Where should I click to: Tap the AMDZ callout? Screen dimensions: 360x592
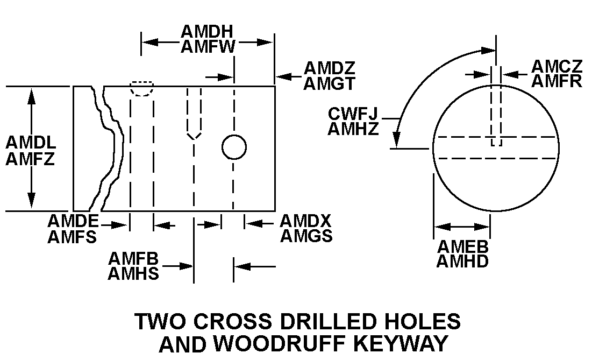330,68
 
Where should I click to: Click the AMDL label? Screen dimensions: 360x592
31,143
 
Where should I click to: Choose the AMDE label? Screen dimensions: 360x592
73,221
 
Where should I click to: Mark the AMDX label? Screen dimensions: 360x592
305,221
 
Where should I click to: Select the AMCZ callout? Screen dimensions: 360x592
557,66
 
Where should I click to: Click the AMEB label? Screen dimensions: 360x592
462,247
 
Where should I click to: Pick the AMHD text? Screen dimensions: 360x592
462,262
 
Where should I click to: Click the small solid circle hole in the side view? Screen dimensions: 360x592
234,147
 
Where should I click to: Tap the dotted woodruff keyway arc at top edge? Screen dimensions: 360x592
142,89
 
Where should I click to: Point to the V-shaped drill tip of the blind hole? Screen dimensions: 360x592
194,135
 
